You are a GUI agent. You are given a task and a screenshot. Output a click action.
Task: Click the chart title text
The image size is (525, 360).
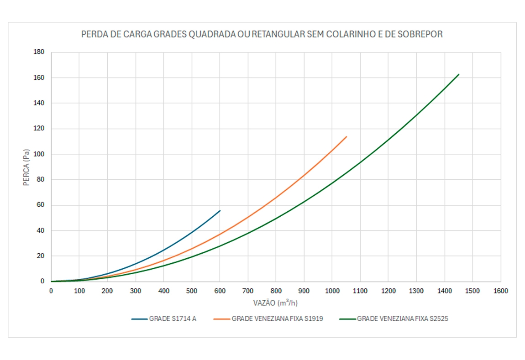coord(262,34)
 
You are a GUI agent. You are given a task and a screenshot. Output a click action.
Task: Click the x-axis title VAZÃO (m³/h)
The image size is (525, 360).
coord(276,303)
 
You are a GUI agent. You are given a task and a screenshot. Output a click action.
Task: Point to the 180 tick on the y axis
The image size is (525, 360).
coord(39,52)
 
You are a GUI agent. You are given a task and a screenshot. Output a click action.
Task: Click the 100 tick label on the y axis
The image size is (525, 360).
coord(39,154)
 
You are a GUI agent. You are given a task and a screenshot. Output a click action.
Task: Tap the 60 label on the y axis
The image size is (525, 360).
coord(41,205)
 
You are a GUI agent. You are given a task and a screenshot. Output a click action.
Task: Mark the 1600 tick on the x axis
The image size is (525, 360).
coord(500,291)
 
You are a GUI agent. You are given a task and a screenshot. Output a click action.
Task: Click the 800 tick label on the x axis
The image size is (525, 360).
coord(276,291)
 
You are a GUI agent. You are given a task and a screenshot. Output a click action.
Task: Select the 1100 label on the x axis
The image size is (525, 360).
coord(360,291)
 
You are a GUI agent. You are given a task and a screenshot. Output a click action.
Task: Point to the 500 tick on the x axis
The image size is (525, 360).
coord(192,291)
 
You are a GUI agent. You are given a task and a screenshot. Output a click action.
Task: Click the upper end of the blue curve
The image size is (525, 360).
coord(220,210)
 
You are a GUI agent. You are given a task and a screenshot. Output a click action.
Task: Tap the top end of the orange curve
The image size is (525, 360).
coord(346,136)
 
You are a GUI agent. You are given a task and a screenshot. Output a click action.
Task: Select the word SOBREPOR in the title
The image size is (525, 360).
coord(420,34)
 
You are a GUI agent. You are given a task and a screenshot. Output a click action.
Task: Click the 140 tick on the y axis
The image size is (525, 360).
coord(39,103)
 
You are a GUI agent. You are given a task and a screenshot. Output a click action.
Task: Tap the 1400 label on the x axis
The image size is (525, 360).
coord(444,291)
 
